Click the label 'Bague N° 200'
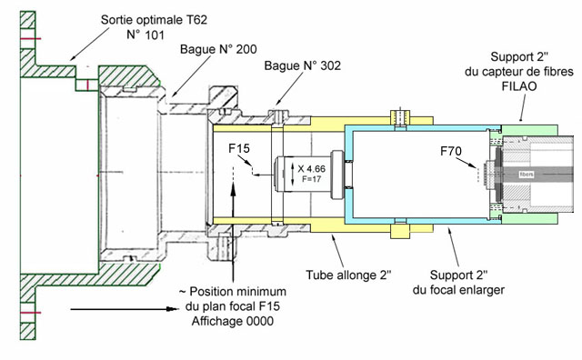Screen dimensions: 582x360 [x=218, y=49]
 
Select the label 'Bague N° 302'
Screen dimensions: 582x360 [x=303, y=65]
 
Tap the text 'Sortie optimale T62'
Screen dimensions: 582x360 [x=154, y=20]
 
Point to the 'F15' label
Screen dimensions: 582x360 [x=239, y=148]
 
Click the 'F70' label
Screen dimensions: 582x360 [x=451, y=151]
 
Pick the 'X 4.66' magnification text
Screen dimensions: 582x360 [x=311, y=169]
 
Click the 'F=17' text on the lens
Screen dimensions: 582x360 [x=311, y=179]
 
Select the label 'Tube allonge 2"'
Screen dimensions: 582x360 [x=348, y=275]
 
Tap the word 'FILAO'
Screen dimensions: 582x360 [x=519, y=86]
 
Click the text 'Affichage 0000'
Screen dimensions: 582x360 [x=233, y=321]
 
